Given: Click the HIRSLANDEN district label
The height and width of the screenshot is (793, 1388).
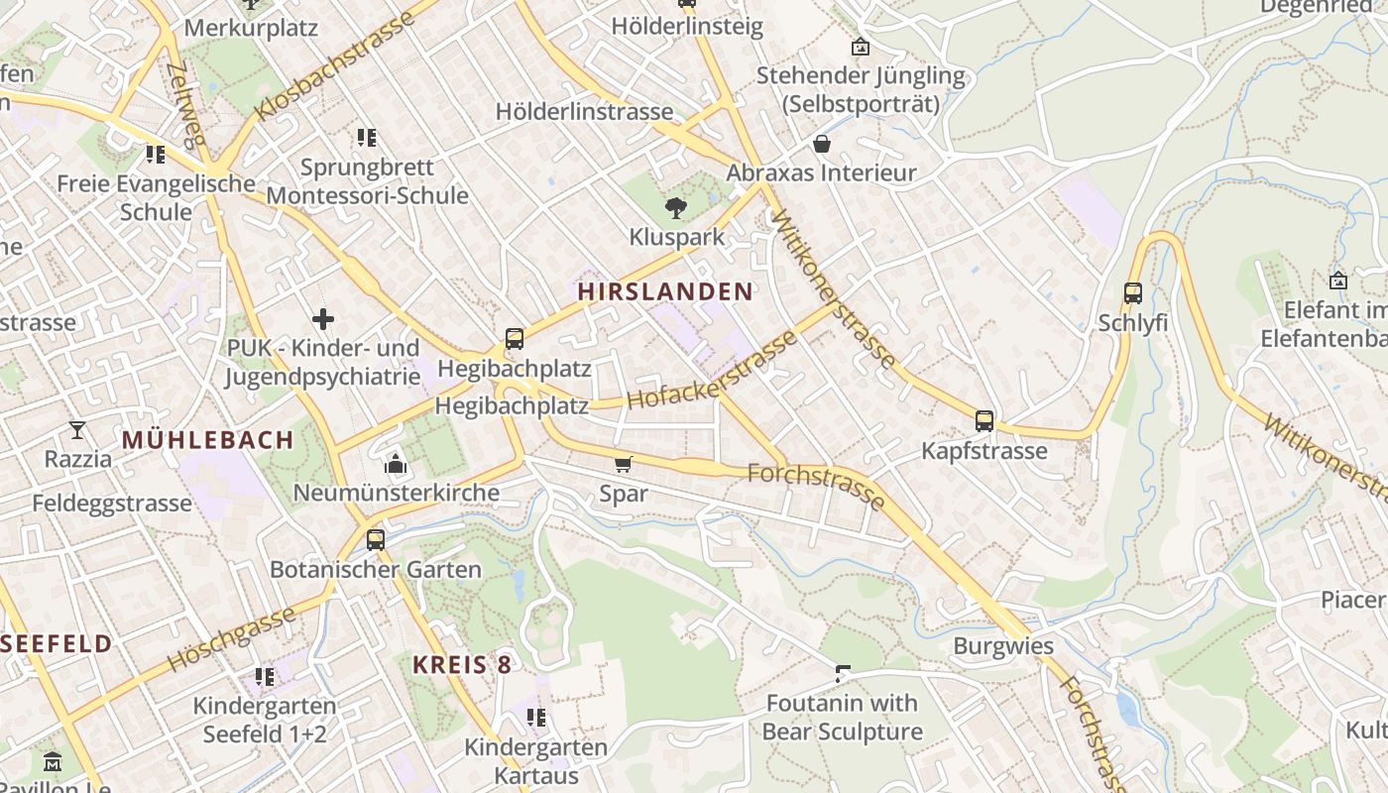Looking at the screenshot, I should coord(665,291).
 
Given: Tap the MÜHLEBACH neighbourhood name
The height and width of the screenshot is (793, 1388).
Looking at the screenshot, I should coord(207,440).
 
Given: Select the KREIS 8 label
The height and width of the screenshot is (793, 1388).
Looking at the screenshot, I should coord(462,664).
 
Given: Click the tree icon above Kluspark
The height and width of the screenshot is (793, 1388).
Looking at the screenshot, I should coord(676,207).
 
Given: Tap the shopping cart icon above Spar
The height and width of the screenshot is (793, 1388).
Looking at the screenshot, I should coord(624,464).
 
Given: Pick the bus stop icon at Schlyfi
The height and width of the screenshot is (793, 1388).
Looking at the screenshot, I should coord(1132,293).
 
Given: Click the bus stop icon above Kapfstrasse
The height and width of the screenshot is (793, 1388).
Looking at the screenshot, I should coord(983,420).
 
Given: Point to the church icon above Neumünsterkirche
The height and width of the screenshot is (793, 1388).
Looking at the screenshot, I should coord(396,464).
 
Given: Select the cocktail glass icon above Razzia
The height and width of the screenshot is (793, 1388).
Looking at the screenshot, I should coord(77,429).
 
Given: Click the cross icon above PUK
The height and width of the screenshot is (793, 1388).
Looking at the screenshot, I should coord(323,319).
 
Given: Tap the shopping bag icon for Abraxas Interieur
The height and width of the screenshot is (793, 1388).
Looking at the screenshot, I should coord(821,144).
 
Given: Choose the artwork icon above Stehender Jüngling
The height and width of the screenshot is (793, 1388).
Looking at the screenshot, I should coord(860,47).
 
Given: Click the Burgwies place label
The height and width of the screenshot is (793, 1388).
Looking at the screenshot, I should coord(1003,646).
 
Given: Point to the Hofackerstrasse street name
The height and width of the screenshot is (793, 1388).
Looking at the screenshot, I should coord(712,371).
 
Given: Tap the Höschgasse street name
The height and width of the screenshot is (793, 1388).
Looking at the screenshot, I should coord(231,637).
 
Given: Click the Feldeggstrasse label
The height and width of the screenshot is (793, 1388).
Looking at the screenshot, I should coord(112,503).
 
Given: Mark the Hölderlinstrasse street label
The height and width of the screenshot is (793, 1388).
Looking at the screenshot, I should coord(584,112).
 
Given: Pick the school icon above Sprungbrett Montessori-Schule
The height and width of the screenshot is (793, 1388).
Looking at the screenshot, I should coord(367,138).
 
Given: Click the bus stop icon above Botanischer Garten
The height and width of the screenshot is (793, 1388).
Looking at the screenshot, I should coord(375,539).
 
